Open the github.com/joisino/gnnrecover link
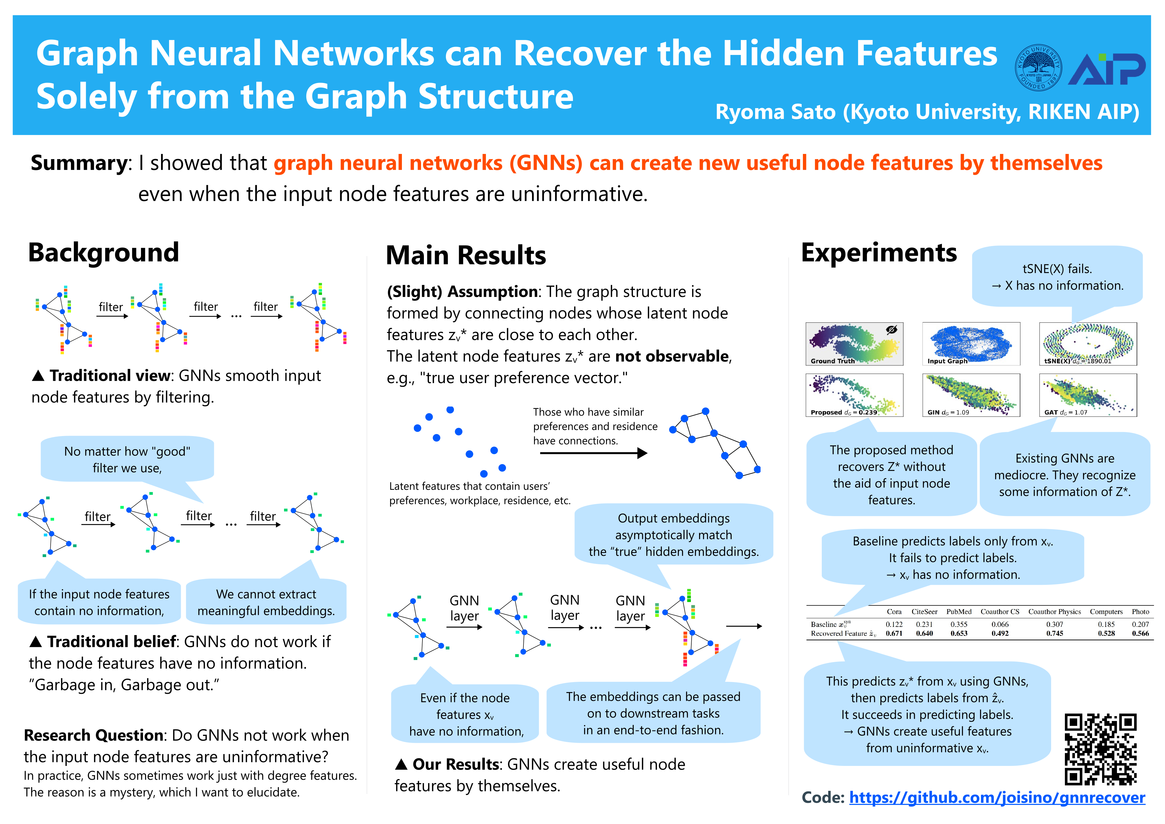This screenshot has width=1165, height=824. [997, 798]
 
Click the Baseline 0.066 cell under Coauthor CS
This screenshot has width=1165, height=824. [1000, 625]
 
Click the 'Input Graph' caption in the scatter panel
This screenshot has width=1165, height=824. [947, 361]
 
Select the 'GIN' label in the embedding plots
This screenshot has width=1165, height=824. [933, 412]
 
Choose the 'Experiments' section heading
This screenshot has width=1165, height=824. [879, 252]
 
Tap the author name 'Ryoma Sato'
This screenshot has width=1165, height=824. [775, 112]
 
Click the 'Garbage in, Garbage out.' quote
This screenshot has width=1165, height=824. [124, 685]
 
